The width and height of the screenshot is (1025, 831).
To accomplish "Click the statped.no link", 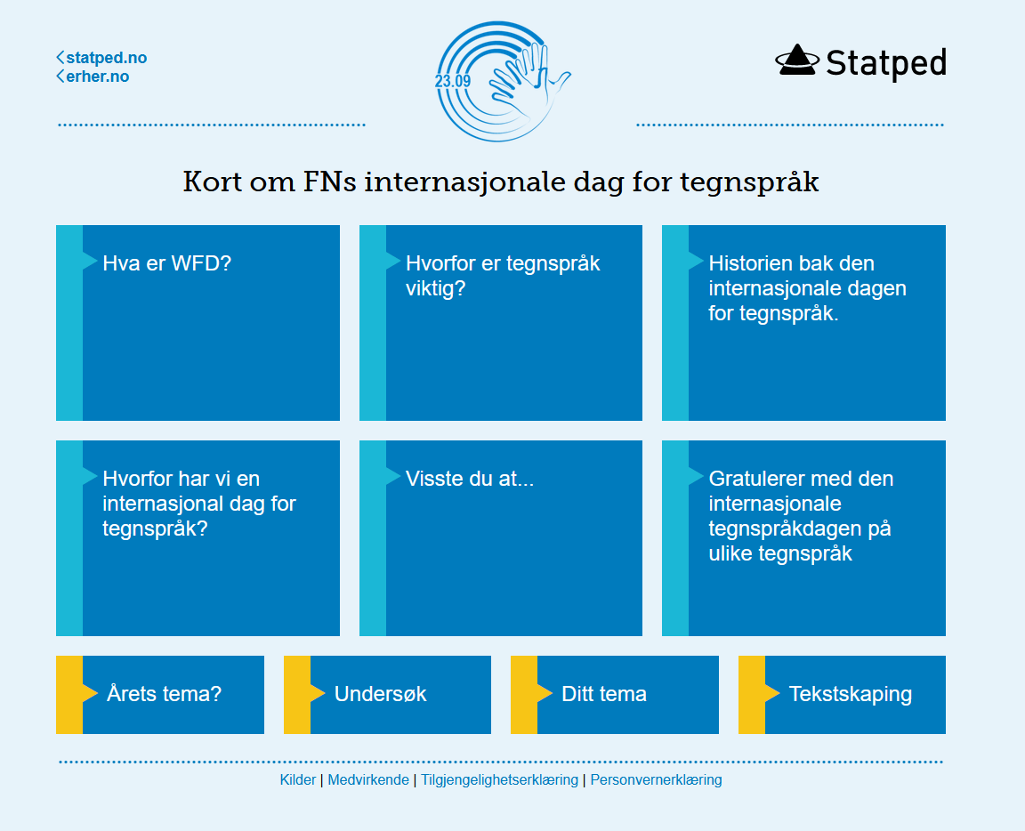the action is tap(102, 58).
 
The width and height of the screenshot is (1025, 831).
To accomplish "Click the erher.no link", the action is tap(93, 77).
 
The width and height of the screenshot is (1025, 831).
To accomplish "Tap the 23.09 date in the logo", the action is tap(452, 81).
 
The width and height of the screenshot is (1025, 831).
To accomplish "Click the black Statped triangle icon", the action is tap(797, 61).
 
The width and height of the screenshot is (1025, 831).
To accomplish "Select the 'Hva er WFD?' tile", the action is tap(198, 323).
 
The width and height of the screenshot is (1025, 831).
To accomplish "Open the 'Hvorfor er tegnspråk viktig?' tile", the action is tap(501, 323).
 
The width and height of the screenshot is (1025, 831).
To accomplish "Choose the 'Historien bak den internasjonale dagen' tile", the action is tap(804, 323).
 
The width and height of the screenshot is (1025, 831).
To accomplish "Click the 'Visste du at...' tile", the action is tap(501, 538).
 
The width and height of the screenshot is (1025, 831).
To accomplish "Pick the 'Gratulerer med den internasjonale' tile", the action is tap(804, 538).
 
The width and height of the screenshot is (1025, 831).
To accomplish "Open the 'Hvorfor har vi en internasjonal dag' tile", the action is tap(198, 538).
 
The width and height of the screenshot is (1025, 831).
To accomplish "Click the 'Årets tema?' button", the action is tap(160, 694).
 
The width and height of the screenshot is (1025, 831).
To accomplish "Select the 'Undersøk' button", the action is tap(387, 694).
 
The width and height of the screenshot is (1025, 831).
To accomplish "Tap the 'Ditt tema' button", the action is tap(615, 694).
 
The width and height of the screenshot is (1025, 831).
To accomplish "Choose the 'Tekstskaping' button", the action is tap(842, 694).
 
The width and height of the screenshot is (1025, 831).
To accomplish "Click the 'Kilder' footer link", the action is tap(297, 780).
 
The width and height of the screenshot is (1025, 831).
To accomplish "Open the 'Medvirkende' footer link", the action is tap(368, 780).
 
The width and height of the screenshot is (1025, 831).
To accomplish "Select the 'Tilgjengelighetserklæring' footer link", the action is tap(499, 780).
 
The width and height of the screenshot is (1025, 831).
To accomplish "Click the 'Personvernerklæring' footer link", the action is tap(657, 780).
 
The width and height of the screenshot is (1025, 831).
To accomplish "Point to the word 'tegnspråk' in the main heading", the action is tap(749, 182).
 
